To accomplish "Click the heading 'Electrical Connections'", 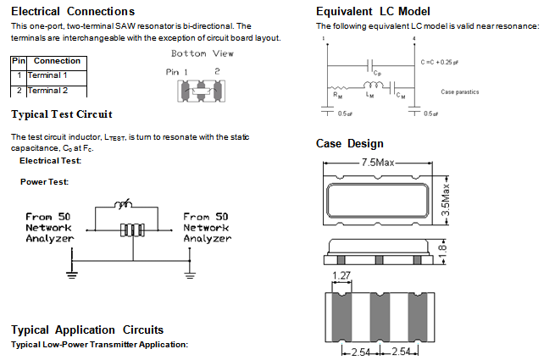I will [x=72, y=11].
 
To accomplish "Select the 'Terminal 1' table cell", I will [x=49, y=75].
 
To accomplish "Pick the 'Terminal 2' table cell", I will [x=49, y=90].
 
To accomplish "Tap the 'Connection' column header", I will [x=57, y=61].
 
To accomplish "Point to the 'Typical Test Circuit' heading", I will [x=61, y=114].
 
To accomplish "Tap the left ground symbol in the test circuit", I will [x=72, y=273].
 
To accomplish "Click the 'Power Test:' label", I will [x=44, y=181].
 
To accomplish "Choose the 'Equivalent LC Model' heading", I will [x=373, y=11].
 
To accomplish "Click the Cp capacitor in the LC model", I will [x=369, y=64].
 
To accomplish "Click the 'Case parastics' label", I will [x=461, y=91].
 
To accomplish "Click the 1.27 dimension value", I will [x=342, y=274].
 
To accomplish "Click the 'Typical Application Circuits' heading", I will [x=87, y=330].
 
